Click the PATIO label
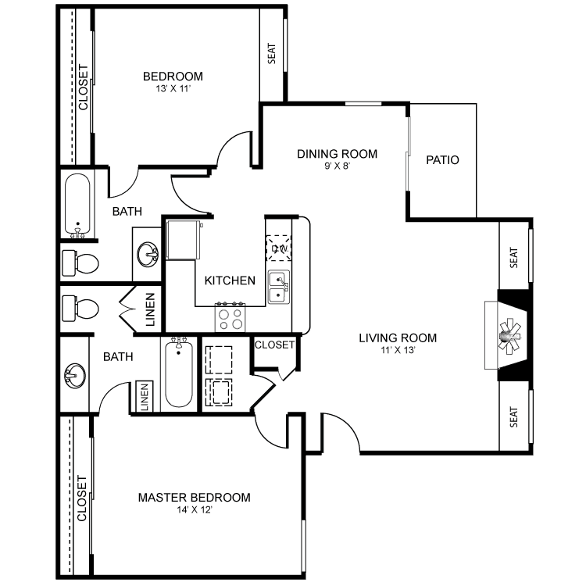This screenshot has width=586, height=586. (442, 160)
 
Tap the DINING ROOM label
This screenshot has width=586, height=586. (337, 154)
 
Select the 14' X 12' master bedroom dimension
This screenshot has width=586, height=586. (195, 509)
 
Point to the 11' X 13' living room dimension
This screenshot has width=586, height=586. (398, 350)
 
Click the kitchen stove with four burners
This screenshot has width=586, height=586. (230, 317)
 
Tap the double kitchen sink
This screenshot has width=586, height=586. (279, 287)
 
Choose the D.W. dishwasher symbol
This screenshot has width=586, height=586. (279, 248)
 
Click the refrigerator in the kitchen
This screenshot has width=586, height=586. (183, 240)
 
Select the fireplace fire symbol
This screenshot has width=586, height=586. (509, 336)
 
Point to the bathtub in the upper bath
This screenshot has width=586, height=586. (77, 205)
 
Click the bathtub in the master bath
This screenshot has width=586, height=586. (179, 372)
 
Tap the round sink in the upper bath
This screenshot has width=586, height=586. (148, 254)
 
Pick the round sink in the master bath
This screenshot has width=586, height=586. (75, 375)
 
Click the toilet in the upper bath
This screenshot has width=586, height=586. (80, 263)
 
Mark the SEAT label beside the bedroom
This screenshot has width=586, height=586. (272, 53)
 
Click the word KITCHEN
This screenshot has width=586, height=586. (230, 280)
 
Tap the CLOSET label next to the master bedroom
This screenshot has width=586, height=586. (82, 498)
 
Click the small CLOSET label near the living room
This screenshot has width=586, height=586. (274, 345)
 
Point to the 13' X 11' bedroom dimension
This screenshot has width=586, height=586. (173, 88)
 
